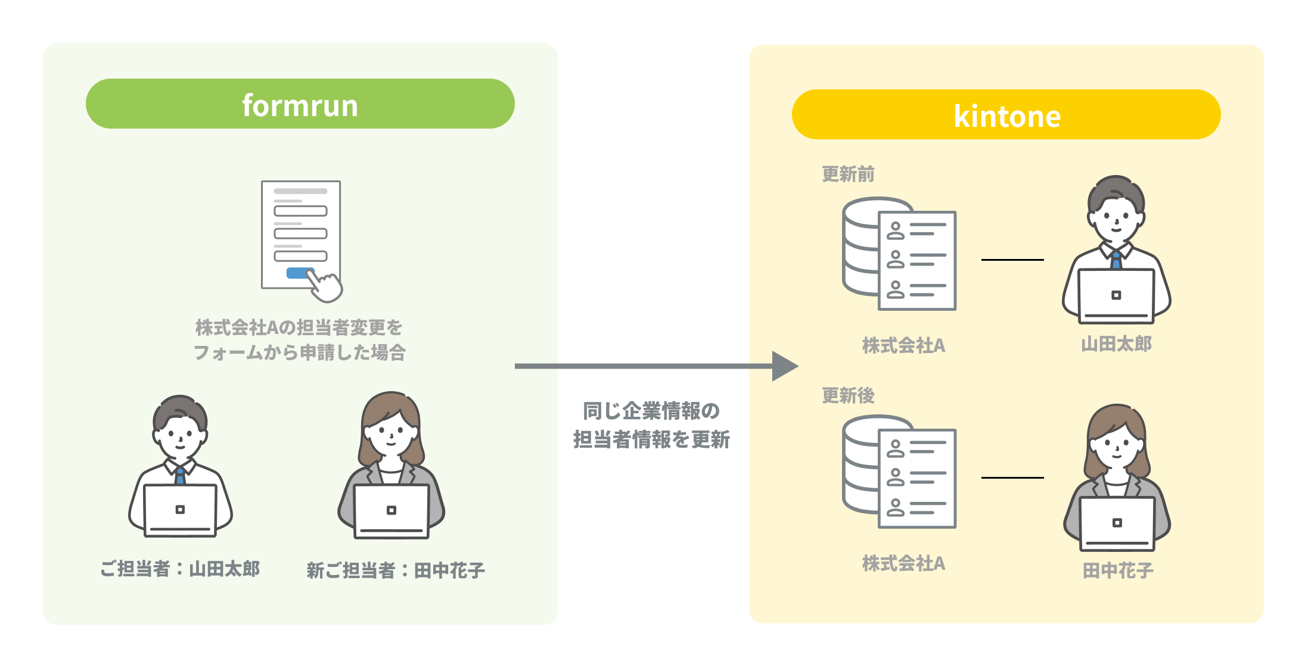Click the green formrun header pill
pyautogui.click(x=300, y=104)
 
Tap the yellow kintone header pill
pyautogui.click(x=1006, y=114)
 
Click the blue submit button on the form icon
pyautogui.click(x=298, y=273)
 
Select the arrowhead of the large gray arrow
pyautogui.click(x=784, y=366)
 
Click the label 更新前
pyautogui.click(x=848, y=174)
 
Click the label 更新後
pyautogui.click(x=848, y=395)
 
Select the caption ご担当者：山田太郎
pyautogui.click(x=180, y=569)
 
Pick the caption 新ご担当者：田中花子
pyautogui.click(x=396, y=570)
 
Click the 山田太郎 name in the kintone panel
pyautogui.click(x=1116, y=344)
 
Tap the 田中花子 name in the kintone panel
pyautogui.click(x=1117, y=570)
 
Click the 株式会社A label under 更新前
pyautogui.click(x=903, y=345)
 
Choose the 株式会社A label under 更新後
pyautogui.click(x=903, y=563)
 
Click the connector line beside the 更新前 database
pyautogui.click(x=1012, y=260)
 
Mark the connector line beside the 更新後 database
pyautogui.click(x=1012, y=477)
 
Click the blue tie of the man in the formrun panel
pyautogui.click(x=180, y=476)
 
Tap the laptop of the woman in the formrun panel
pyautogui.click(x=392, y=511)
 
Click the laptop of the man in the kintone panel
pyautogui.click(x=1116, y=295)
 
